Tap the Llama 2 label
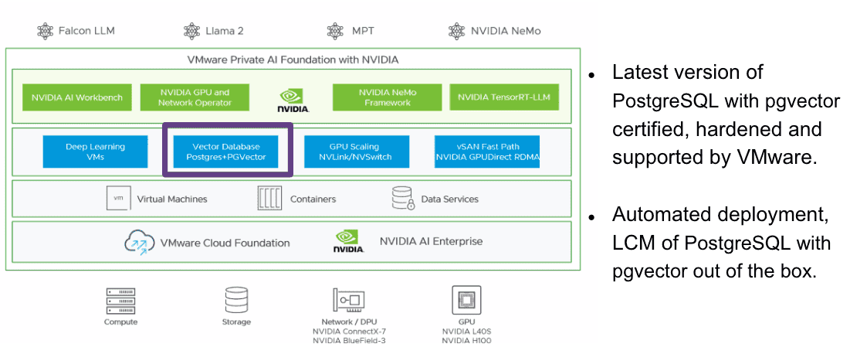224,31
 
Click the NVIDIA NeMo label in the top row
506,31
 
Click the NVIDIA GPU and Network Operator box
195,97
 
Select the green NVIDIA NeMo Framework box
387,97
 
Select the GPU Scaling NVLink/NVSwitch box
354,152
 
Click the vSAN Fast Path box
486,152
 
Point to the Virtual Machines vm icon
117,199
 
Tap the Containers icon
269,199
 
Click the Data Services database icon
402,199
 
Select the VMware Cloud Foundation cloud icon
140,243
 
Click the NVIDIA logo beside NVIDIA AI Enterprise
348,241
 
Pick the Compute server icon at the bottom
120,298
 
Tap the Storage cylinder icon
236,299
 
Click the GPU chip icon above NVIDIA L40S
466,298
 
